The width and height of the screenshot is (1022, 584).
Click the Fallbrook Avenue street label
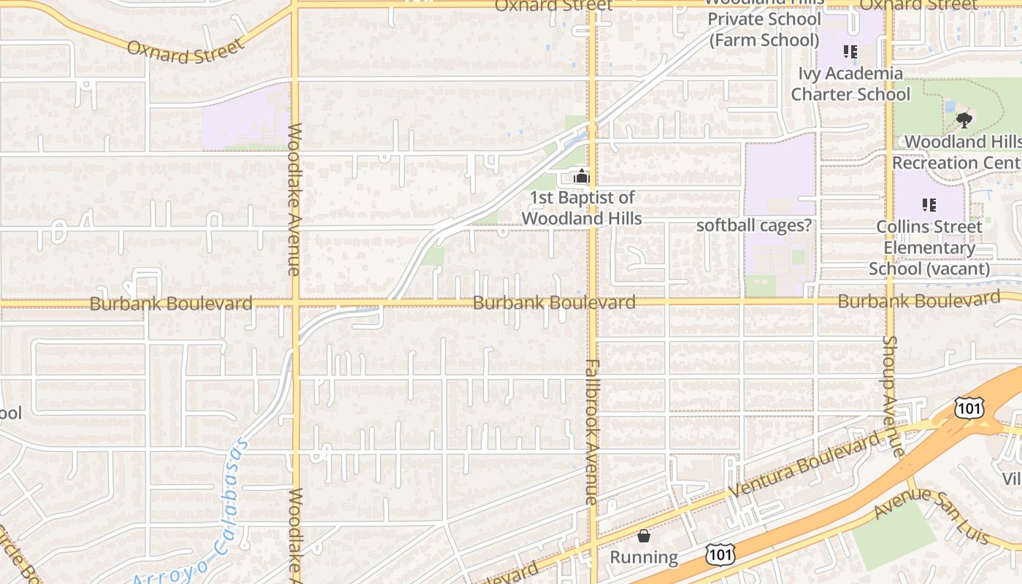tap(591, 432)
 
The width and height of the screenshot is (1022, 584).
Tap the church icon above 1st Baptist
tap(581, 176)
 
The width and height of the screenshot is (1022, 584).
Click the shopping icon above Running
tap(644, 537)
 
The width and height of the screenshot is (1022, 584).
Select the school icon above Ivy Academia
tap(850, 52)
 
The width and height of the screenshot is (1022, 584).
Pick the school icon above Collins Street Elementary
tap(929, 205)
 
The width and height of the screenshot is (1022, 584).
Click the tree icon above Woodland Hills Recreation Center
tap(964, 120)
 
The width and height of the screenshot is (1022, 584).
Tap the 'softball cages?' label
tap(754, 226)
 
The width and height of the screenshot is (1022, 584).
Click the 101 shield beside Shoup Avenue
tap(969, 408)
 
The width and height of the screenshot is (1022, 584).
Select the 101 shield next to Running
tap(720, 554)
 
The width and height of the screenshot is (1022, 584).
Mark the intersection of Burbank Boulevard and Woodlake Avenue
tap(296, 301)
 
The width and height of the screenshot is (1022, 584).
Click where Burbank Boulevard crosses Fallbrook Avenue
tap(592, 301)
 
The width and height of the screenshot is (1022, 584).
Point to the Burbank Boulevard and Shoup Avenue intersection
tap(890, 299)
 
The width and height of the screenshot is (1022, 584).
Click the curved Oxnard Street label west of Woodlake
tap(185, 51)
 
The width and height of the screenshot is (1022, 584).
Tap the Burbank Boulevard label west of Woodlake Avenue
tap(171, 304)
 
